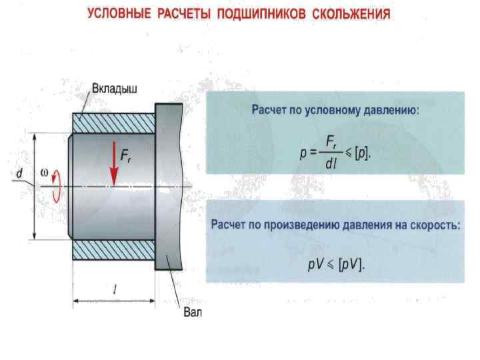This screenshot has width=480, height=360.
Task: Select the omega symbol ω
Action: [x=45, y=171]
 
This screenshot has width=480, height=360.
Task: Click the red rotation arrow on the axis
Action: [x=58, y=185]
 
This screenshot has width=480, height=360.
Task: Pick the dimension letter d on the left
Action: [x=20, y=174]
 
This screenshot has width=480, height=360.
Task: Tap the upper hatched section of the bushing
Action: [x=113, y=124]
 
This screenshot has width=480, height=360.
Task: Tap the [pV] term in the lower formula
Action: [x=351, y=265]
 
